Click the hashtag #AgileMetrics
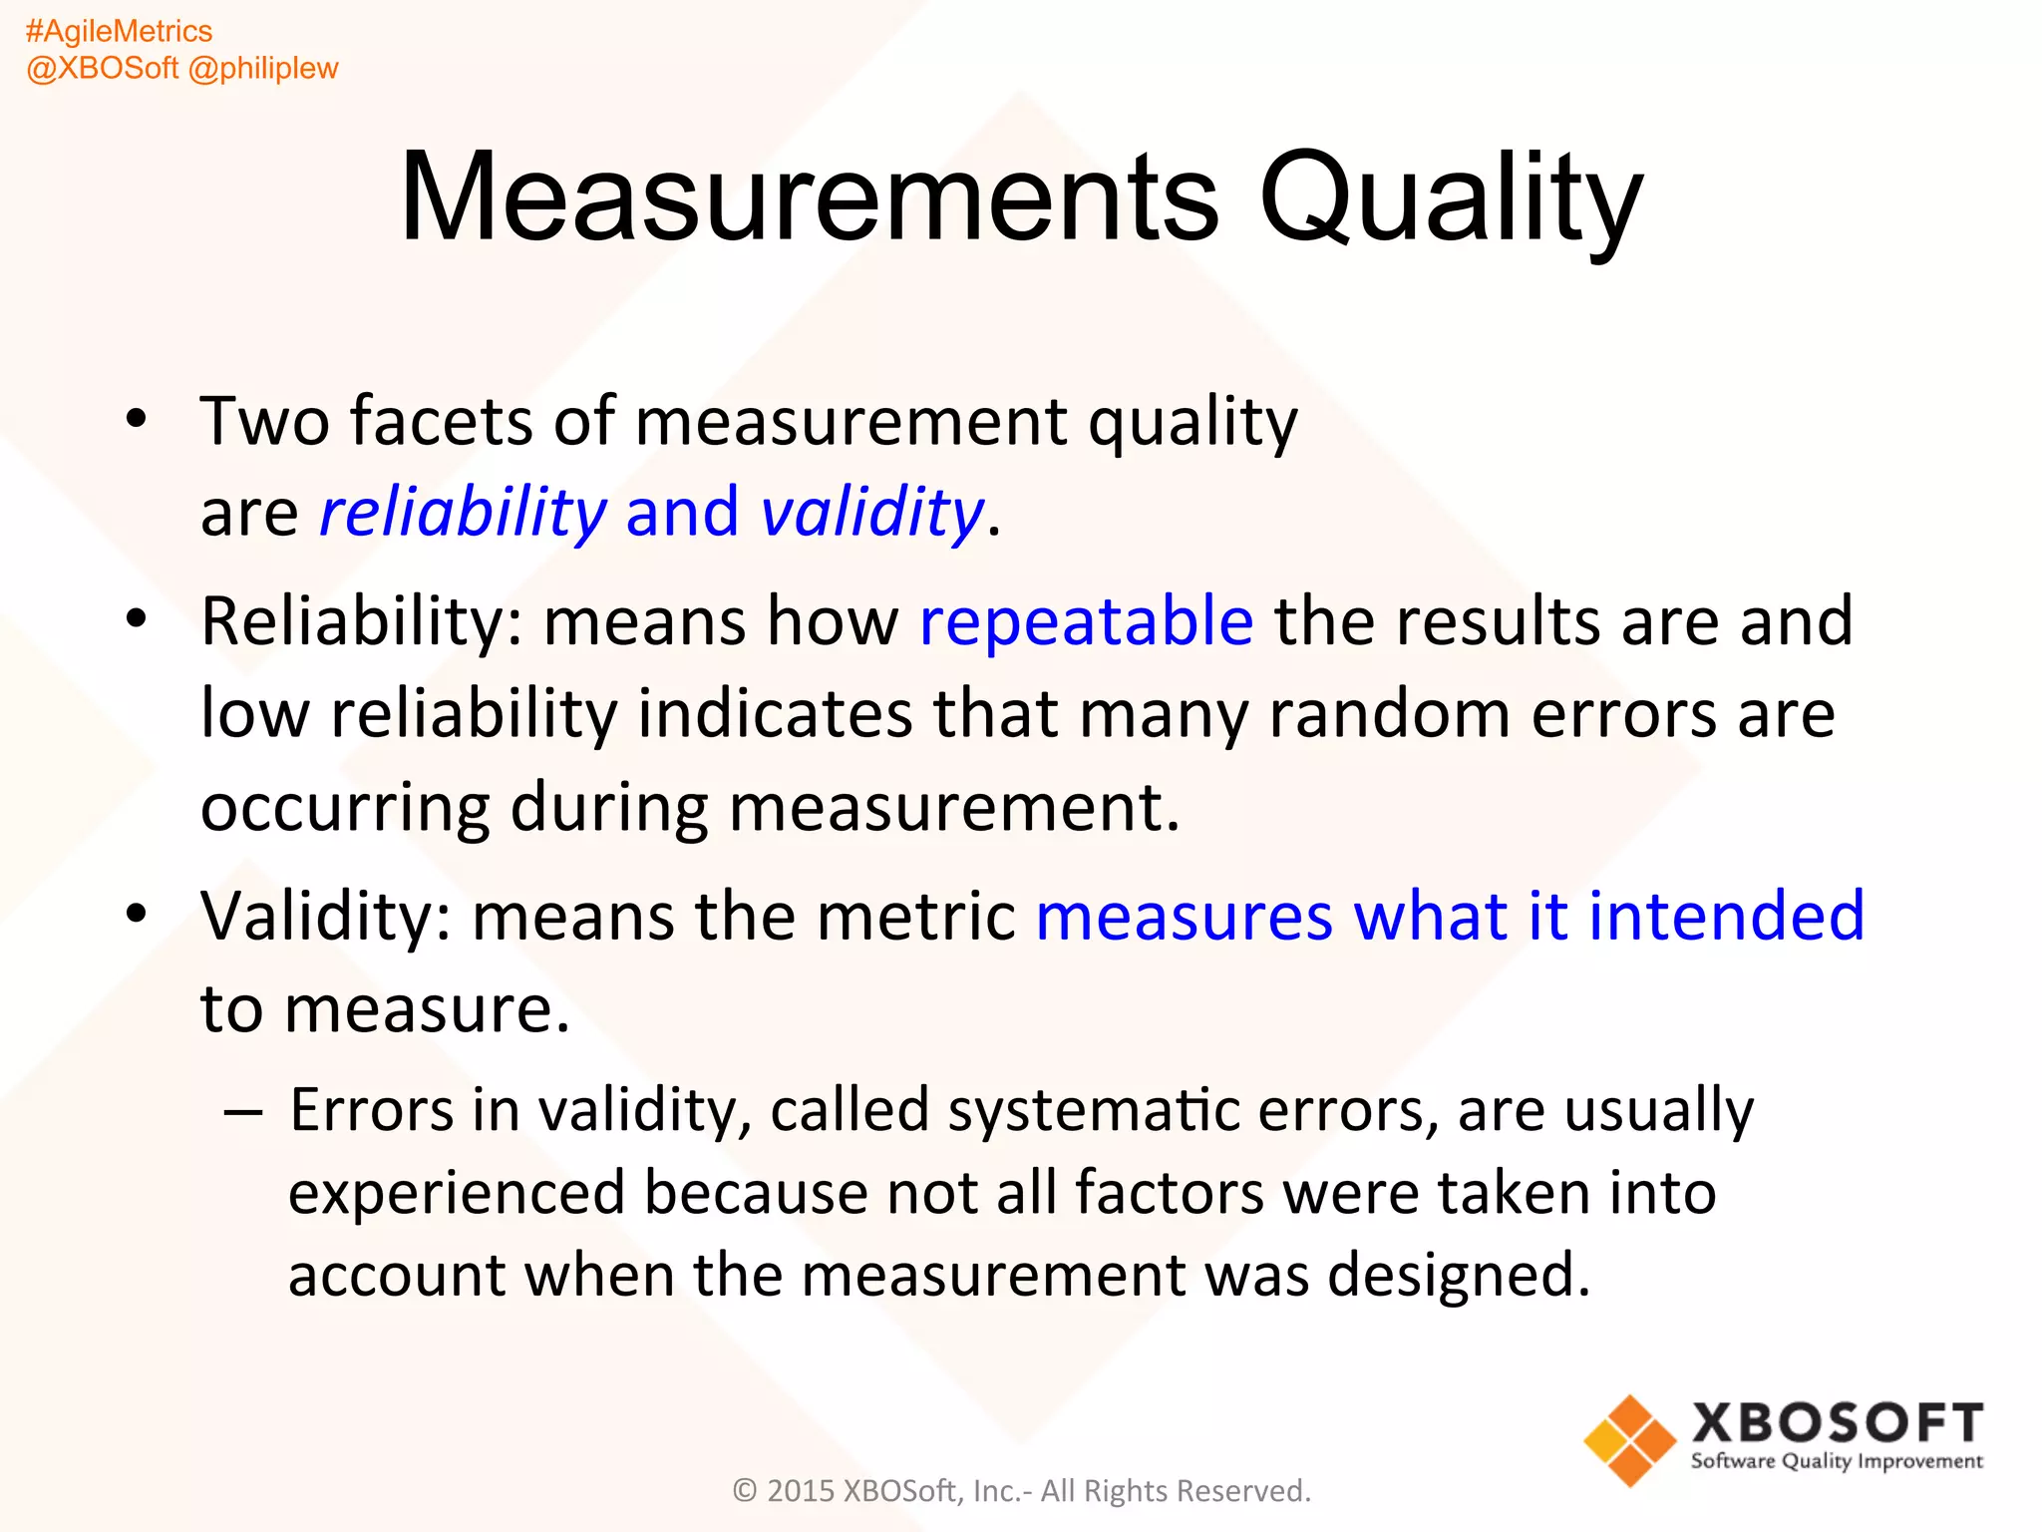coord(119,32)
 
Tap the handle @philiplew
coord(263,68)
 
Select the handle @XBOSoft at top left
coord(103,68)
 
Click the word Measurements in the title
coord(808,196)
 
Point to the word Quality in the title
coord(1450,196)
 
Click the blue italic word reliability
coord(463,513)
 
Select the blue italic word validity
coord(872,513)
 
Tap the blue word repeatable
coord(1086,621)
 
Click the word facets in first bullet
coord(442,421)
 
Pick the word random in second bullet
coord(1389,714)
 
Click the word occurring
coord(345,807)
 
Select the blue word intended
coord(1725,916)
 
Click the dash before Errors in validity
coord(244,1110)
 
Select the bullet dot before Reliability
coord(137,619)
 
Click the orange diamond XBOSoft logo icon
coord(1629,1440)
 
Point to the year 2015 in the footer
coord(801,1491)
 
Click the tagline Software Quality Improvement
coord(1837,1462)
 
